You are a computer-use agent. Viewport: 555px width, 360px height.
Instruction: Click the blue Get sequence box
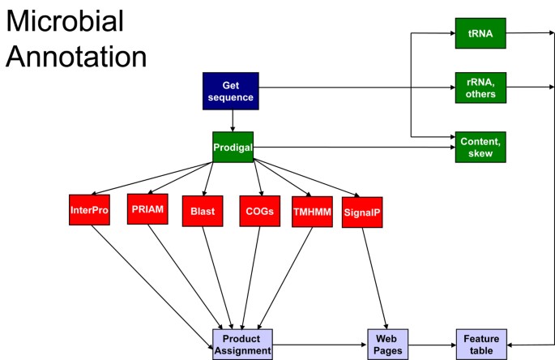pyautogui.click(x=233, y=91)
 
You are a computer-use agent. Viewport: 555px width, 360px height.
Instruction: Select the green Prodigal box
pyautogui.click(x=233, y=147)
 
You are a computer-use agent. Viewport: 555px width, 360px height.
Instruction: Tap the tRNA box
pyautogui.click(x=480, y=33)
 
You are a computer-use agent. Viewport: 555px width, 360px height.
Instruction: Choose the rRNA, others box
pyautogui.click(x=480, y=87)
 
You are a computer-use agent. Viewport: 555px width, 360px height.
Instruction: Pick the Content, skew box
pyautogui.click(x=480, y=147)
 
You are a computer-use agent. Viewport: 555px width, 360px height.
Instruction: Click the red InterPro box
pyautogui.click(x=89, y=209)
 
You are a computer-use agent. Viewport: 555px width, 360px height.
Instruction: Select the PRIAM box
pyautogui.click(x=147, y=208)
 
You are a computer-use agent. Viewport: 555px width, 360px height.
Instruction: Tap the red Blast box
pyautogui.click(x=202, y=211)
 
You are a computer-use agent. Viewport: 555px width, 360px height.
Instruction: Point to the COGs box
pyautogui.click(x=259, y=210)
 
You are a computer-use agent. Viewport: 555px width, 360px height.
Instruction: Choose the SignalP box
pyautogui.click(x=361, y=212)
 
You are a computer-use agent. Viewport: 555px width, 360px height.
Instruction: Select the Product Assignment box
pyautogui.click(x=242, y=344)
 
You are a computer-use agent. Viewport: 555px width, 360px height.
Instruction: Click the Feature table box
pyautogui.click(x=480, y=344)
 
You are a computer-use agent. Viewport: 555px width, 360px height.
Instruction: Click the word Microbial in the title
pyautogui.click(x=65, y=21)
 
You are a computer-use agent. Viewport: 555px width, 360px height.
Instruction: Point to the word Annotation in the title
pyautogui.click(x=76, y=56)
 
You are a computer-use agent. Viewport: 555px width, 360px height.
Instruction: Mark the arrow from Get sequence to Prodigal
pyautogui.click(x=233, y=120)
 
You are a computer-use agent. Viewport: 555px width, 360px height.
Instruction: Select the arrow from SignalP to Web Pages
pyautogui.click(x=374, y=276)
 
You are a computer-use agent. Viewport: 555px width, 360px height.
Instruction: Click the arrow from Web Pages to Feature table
pyautogui.click(x=431, y=345)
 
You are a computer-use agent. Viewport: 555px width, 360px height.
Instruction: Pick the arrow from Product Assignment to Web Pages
pyautogui.click(x=319, y=345)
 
